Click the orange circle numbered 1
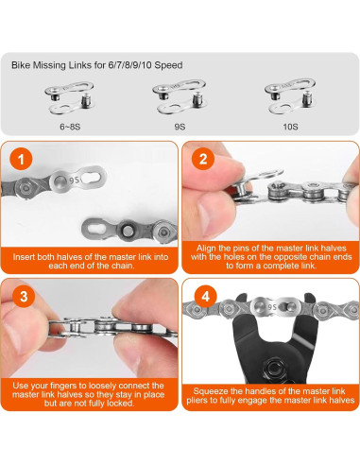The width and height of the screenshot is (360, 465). [x=23, y=158]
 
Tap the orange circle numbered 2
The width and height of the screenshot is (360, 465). [x=202, y=158]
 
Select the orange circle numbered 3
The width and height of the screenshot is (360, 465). [x=23, y=295]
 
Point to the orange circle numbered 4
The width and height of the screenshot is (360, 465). [x=202, y=295]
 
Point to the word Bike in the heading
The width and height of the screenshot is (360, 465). [x=24, y=66]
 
